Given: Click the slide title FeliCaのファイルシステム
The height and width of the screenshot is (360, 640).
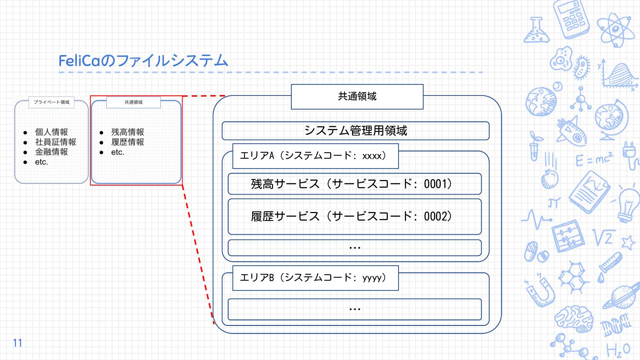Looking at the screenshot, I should [143, 61].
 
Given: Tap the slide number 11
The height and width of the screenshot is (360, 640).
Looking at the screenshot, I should [17, 343].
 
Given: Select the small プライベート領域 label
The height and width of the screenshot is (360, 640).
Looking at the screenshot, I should [52, 102].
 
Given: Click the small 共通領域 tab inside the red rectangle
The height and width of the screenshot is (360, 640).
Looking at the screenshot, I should [134, 102].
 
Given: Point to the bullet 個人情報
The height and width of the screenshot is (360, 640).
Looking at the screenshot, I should [51, 132].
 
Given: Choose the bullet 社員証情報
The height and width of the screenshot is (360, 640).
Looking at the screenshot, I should [55, 142].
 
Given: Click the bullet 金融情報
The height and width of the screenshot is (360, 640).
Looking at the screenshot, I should [51, 152].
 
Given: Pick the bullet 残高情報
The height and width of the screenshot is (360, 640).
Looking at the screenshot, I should [128, 132].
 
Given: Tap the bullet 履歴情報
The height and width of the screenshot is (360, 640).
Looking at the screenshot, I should [128, 142].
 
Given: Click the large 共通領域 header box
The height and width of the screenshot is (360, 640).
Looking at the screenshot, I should [357, 97].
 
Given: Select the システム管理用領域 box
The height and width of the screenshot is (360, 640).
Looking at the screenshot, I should [355, 131].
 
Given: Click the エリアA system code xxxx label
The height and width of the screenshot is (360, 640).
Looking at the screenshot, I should [315, 156].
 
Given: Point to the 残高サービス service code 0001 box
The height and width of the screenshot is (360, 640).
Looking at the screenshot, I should [355, 184].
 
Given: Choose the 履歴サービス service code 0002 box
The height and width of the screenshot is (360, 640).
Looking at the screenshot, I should [355, 217].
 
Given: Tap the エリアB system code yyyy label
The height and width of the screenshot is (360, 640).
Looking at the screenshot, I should [315, 278].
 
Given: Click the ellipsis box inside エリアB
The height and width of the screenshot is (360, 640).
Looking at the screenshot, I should [355, 309].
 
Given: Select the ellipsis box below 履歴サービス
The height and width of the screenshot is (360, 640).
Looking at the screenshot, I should [355, 248].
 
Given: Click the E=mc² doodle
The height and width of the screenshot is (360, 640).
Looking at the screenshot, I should [594, 159].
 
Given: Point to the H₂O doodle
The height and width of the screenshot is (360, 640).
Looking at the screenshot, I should [618, 350].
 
